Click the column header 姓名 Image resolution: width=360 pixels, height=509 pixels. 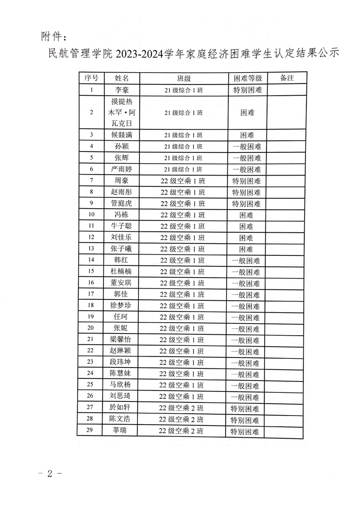click(122, 78)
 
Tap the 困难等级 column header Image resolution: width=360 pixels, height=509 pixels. click(247, 78)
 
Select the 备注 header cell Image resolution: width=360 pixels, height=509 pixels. click(285, 78)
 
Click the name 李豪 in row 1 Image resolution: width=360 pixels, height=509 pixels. click(122, 90)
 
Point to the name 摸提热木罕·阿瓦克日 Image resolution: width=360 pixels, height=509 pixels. click(122, 112)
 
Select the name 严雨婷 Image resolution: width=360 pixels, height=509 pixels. click(122, 169)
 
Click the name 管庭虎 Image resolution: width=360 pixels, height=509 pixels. click(122, 203)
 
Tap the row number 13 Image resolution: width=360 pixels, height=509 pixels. click(91, 249)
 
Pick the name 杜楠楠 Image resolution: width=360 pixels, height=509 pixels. click(122, 272)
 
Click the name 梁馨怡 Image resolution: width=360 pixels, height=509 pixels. click(122, 340)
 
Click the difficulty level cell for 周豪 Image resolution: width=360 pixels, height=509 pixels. click(247, 181)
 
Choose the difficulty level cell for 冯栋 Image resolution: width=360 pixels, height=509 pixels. click(247, 215)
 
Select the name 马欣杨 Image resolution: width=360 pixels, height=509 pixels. click(122, 386)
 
